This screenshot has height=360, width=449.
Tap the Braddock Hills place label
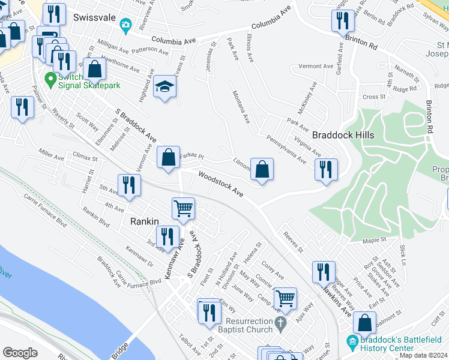pos(343,135)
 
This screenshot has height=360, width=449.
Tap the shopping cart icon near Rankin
pos(183,208)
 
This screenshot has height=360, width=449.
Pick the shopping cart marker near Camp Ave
pos(285,297)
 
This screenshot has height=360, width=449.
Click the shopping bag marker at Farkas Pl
pos(169,157)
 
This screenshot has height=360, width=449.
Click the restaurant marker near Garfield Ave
pos(343,20)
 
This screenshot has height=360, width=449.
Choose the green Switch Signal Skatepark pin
pos(50,79)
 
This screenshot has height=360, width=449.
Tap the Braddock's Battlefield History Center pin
pos(352,344)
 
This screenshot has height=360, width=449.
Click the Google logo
pos(20,353)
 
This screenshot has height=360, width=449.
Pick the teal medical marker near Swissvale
pos(125,25)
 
